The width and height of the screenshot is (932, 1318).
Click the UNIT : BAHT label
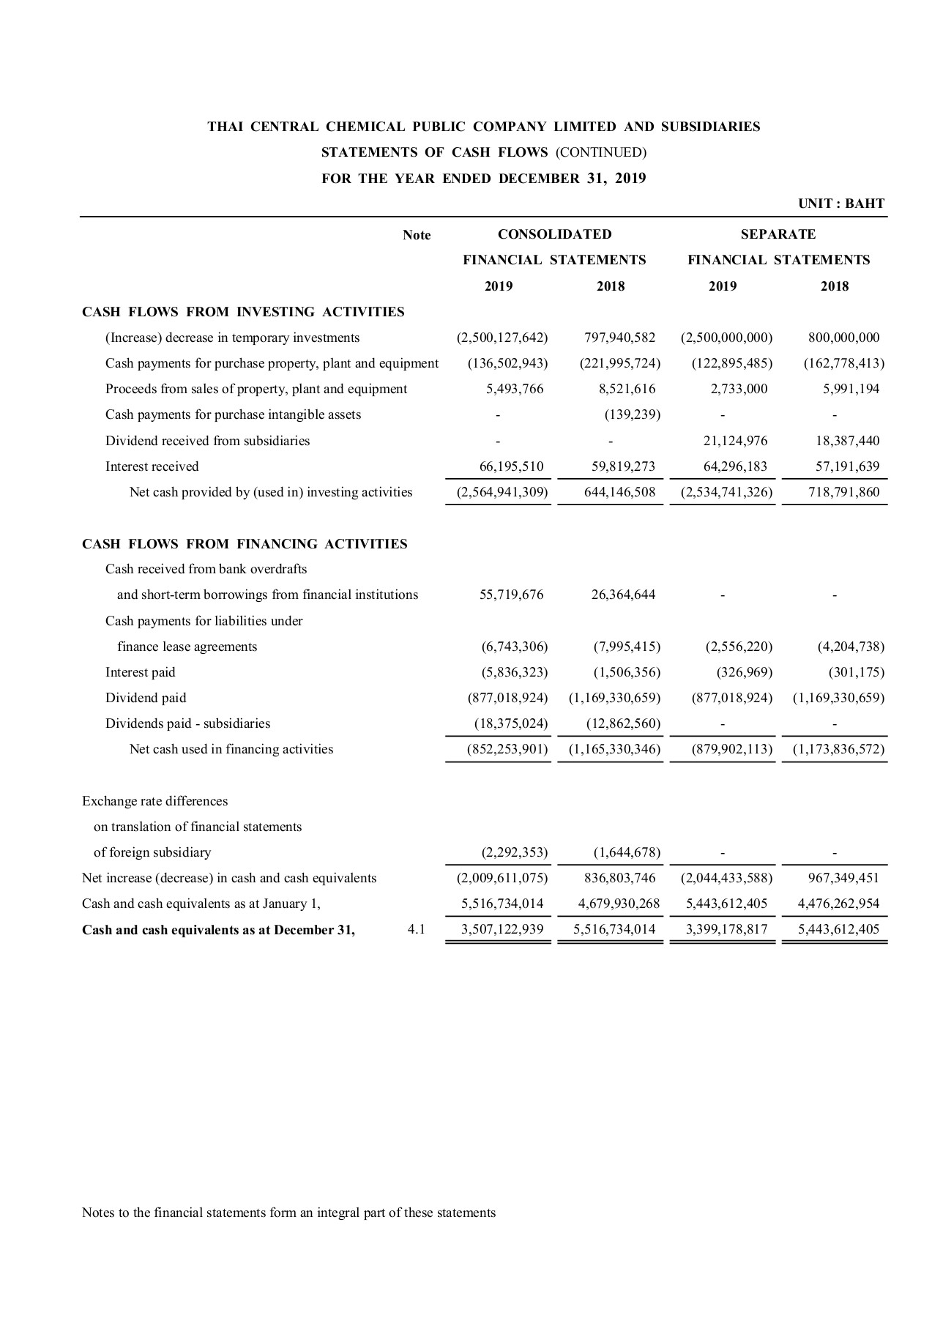click(841, 204)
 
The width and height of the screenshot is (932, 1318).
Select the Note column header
click(417, 235)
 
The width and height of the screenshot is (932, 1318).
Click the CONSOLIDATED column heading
click(554, 234)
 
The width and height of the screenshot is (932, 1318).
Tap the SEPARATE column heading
click(778, 234)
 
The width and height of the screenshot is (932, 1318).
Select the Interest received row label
click(152, 466)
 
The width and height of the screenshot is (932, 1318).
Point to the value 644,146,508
click(619, 492)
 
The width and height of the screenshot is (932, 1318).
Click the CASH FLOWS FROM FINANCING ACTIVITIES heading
click(245, 544)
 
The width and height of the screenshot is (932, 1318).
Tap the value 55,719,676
click(511, 595)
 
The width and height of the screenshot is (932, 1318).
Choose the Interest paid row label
click(141, 672)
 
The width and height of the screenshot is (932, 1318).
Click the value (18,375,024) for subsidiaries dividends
click(510, 723)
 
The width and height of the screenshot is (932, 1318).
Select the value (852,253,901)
click(507, 749)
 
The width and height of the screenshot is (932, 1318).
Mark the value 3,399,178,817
click(726, 930)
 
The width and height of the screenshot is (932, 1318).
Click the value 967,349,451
click(843, 878)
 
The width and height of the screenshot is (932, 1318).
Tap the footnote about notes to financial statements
click(288, 1213)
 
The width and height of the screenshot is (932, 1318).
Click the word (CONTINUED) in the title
click(600, 152)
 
